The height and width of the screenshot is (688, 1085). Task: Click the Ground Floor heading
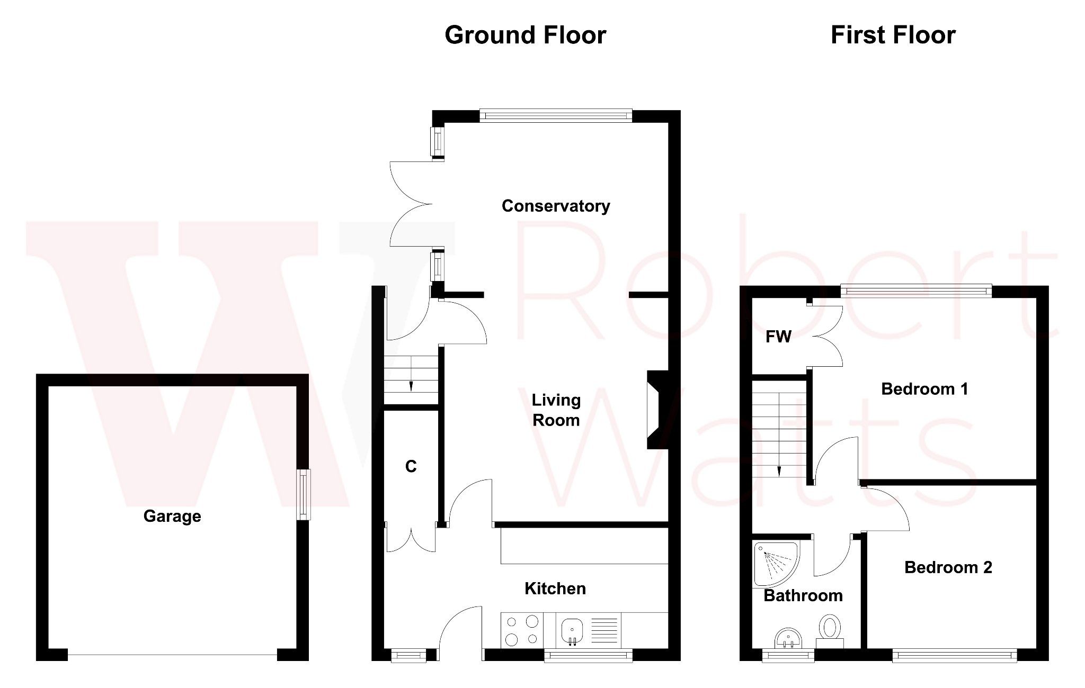[525, 35]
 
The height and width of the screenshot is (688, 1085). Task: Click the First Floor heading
[893, 35]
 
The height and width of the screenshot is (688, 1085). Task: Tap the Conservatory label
[556, 206]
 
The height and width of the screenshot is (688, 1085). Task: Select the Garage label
[172, 516]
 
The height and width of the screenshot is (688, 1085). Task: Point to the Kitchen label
[555, 589]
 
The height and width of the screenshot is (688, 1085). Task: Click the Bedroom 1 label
[924, 389]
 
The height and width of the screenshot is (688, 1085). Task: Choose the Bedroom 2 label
[948, 567]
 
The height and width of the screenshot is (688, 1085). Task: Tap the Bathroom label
[803, 595]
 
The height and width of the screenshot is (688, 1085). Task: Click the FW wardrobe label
[778, 337]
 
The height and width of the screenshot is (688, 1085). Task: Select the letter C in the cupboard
[411, 466]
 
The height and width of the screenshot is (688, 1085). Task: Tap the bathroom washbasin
[788, 637]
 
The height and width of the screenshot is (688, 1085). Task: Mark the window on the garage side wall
[303, 494]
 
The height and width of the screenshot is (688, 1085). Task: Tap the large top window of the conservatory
[556, 115]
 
